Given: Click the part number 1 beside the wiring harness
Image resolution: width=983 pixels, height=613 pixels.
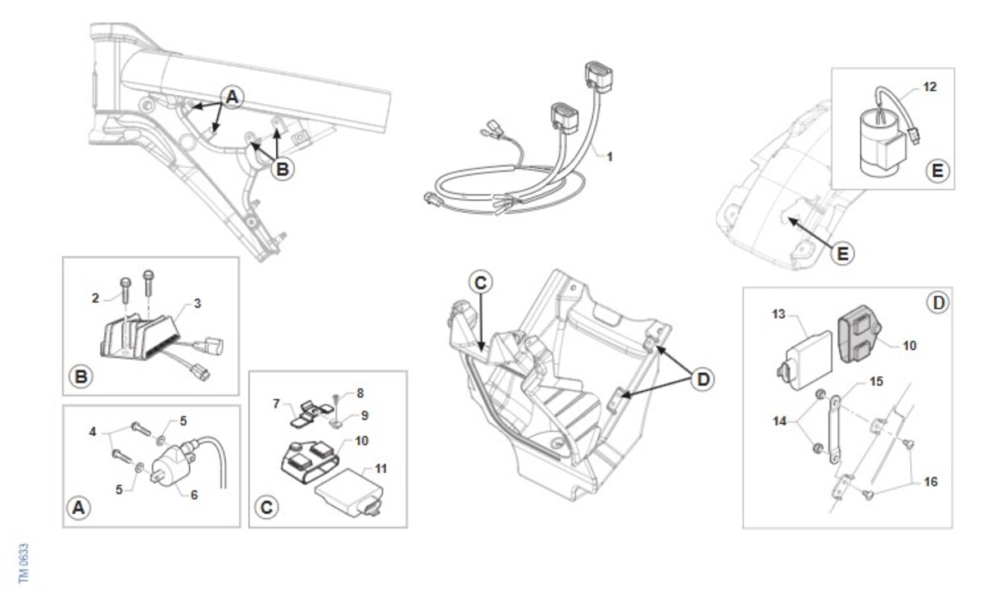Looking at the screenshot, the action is (x=609, y=157).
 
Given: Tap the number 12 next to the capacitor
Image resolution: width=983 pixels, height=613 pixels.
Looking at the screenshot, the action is (x=930, y=87).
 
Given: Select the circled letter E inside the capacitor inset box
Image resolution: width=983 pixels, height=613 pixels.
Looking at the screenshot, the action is (x=937, y=170).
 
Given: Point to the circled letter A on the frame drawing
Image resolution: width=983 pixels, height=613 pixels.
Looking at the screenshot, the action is (x=233, y=97).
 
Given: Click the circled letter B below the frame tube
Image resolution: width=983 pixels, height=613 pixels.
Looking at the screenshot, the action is (x=283, y=169).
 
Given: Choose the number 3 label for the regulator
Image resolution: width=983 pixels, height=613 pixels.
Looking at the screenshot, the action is (x=197, y=303).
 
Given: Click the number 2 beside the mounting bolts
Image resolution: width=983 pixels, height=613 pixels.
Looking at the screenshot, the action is (x=95, y=298).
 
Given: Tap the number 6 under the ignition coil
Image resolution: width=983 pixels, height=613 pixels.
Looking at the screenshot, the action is (x=194, y=495).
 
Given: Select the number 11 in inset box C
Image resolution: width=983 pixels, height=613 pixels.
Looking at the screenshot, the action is (x=381, y=469).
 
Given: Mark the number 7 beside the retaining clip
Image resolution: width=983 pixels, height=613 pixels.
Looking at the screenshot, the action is (x=276, y=403).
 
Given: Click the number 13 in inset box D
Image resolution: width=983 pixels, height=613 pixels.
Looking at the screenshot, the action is (x=778, y=315).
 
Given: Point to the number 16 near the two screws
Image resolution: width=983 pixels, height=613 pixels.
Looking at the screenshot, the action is (x=931, y=482).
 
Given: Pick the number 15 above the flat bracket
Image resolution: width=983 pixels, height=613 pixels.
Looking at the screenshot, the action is (x=877, y=381).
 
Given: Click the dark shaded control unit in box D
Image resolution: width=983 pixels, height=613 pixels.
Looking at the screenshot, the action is (x=859, y=334).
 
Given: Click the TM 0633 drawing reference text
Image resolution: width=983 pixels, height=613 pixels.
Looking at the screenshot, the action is (x=24, y=563).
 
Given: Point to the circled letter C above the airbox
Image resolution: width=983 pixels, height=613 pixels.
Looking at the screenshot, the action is (x=481, y=283).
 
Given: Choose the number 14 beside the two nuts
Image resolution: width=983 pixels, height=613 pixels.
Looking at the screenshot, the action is (x=779, y=421).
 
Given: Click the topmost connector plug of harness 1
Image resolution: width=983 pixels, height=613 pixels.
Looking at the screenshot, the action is (x=599, y=77).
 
